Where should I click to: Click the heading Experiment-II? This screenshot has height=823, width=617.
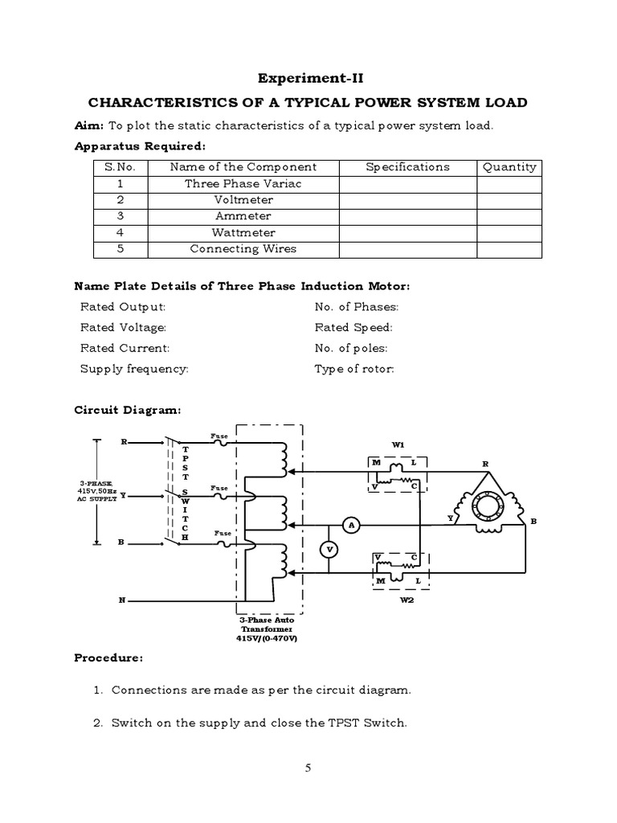pos(308,78)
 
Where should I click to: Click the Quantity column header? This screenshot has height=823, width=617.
pos(509,167)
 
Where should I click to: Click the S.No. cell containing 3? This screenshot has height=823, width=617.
pos(121,216)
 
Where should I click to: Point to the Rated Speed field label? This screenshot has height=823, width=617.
pos(353,328)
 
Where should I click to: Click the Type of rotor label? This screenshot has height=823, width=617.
pos(354,370)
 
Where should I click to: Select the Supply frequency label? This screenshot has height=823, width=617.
pos(134,370)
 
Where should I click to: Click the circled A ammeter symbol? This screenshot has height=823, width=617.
pos(350,525)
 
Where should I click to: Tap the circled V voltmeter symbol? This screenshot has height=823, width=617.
pos(328,549)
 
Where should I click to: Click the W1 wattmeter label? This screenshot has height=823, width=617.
pos(398,444)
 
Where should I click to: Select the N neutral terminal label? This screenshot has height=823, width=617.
pos(123,600)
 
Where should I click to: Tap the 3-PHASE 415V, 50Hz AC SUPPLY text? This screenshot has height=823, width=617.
pos(97,490)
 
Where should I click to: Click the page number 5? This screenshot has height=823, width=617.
pos(308,768)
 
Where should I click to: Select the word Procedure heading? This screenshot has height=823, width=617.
pos(108,658)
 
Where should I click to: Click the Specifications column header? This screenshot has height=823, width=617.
pos(407,167)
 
